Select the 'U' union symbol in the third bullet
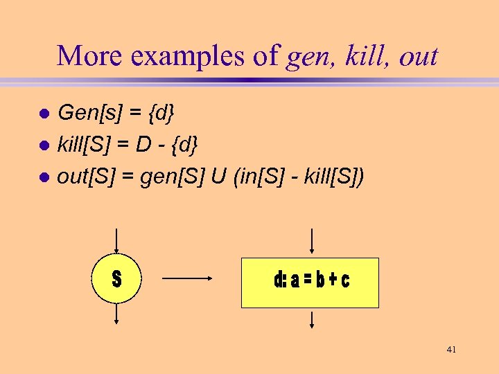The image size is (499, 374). (x=220, y=177)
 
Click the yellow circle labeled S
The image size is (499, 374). (x=116, y=279)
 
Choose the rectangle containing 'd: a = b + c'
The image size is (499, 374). (x=310, y=282)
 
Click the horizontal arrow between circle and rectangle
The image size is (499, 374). (x=186, y=278)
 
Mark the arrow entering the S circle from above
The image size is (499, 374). (x=116, y=241)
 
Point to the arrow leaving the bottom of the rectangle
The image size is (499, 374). (x=313, y=319)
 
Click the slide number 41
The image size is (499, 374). (x=451, y=350)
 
